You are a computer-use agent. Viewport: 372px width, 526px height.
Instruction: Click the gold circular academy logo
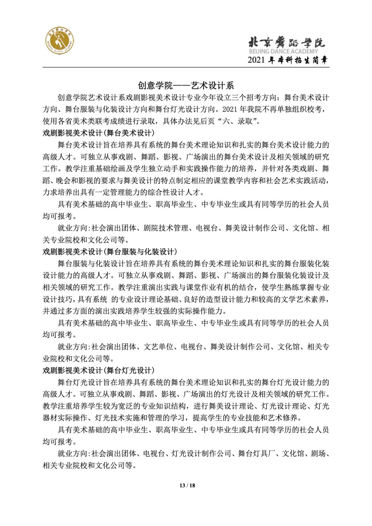[x=60, y=42]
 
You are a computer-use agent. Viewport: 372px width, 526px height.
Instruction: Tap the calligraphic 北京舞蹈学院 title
[x=287, y=42]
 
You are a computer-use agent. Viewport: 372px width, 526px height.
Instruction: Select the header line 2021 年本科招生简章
[x=288, y=60]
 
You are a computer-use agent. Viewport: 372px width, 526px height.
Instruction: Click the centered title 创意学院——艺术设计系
[x=186, y=85]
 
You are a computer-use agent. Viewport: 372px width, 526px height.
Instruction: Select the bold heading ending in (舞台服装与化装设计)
[x=110, y=252]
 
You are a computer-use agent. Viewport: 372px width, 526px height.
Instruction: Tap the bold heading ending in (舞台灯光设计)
[x=99, y=370]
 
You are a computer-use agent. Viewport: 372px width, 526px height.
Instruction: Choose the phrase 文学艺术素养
[x=300, y=299]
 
